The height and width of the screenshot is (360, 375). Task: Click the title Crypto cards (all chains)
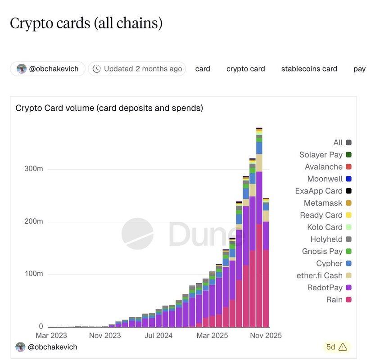point(86,23)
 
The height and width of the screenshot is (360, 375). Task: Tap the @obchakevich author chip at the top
point(48,69)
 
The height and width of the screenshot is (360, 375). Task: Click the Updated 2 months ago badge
point(137,69)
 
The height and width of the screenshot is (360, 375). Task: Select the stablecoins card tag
point(309,69)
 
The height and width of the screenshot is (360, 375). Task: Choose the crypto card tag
point(245,69)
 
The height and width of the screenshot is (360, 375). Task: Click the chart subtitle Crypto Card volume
point(109,108)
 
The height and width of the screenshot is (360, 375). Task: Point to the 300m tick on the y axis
point(33,169)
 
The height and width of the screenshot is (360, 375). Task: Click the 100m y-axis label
point(33,274)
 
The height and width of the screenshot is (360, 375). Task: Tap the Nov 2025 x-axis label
point(266,336)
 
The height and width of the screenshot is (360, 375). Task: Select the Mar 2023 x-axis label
point(51,336)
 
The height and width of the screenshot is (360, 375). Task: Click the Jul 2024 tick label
point(158,336)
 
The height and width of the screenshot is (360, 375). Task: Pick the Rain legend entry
point(334,300)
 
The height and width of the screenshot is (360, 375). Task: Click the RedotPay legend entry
point(325,288)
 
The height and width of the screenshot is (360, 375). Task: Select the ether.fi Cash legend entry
point(320,275)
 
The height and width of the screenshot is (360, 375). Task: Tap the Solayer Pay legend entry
point(321,155)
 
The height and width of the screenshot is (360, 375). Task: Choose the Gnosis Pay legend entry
point(322,251)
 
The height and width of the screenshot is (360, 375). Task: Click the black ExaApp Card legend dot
point(348,191)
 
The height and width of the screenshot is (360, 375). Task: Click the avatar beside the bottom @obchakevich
point(20,347)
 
